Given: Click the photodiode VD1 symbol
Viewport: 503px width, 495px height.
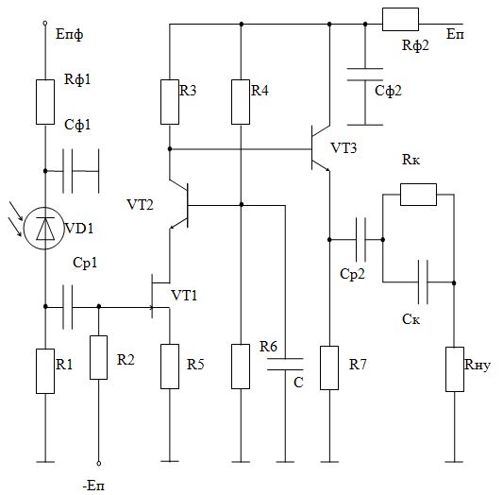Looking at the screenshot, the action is coord(44,229).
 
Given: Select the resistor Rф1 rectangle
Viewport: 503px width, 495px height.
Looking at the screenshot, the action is coord(45,102).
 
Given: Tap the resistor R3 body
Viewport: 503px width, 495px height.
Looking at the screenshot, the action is coord(170,102).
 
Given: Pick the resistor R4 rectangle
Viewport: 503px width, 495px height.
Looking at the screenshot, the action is coord(241,102).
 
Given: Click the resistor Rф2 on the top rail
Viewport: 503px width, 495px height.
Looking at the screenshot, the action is coord(400,19).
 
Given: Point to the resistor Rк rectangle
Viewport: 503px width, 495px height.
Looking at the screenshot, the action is coord(418,195).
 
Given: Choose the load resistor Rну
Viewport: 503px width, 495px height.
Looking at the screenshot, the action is coord(455,369).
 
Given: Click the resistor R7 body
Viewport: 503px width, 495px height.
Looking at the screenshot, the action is coord(329,367).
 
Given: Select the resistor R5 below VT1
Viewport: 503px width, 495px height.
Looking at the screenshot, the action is coord(170,367).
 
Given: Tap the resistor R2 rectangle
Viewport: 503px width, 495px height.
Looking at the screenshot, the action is coord(98,358).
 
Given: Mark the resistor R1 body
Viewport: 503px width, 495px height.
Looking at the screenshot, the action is coord(45,371).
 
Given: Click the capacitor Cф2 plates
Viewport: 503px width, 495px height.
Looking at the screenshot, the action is coord(365,74).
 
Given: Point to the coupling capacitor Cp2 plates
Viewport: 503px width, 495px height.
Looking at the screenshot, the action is coord(360,240).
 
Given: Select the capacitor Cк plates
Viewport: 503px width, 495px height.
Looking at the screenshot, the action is coord(423,282).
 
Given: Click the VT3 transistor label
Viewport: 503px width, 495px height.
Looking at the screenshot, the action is coord(344,148).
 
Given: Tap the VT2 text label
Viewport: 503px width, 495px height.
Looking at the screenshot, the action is coord(141,204).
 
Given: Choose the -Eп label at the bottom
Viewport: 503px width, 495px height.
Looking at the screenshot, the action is coord(93,486).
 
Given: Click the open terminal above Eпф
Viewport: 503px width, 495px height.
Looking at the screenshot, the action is coord(45,23).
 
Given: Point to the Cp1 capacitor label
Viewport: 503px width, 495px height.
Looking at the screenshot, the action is coord(85,263).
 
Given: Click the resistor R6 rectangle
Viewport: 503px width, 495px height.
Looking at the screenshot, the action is coord(241,367).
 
